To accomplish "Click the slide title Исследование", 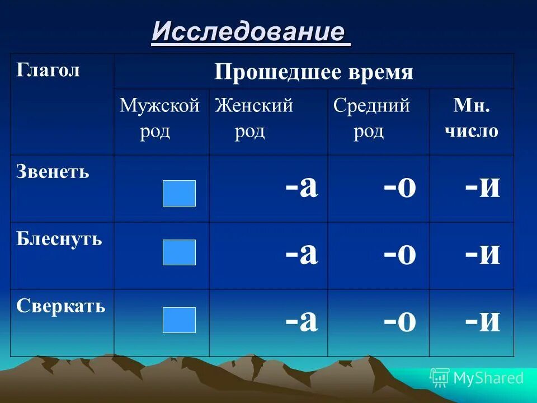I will click(251, 32).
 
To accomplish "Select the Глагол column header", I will click(48, 70).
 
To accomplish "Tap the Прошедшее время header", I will click(313, 72).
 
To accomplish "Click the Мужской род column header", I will click(159, 118).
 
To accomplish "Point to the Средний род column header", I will click(371, 118).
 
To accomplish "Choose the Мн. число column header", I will click(471, 118).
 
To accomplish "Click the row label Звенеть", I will click(53, 171).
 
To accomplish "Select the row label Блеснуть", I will click(59, 239).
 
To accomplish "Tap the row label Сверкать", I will click(60, 306).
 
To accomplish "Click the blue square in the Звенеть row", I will click(179, 193).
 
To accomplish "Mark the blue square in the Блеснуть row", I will click(179, 252).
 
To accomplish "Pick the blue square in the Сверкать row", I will click(179, 320).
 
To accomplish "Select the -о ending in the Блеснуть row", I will click(400, 255).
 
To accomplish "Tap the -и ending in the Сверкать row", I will click(482, 322).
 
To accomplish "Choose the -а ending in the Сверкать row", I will click(302, 322).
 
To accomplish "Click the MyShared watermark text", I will click(488, 378).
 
